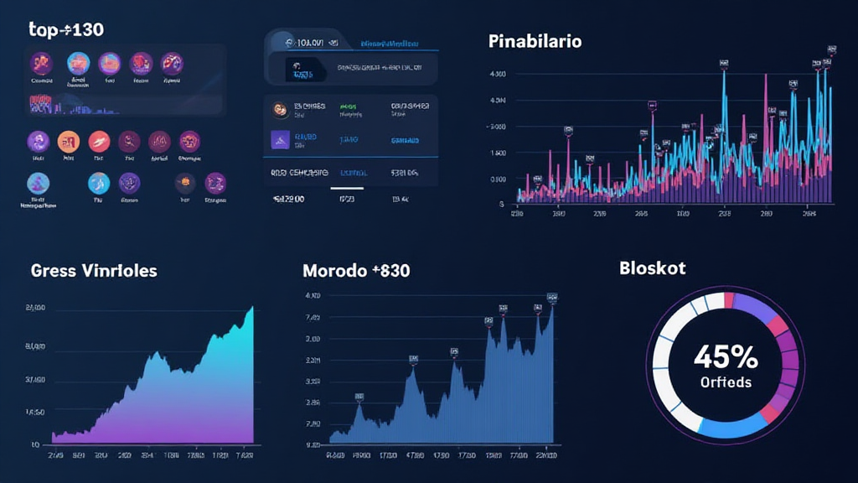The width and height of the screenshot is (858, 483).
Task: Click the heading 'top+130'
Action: [x=66, y=30]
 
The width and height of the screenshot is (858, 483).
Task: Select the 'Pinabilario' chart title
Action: [x=535, y=40]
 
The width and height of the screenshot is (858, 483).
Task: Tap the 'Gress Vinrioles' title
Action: [x=94, y=271]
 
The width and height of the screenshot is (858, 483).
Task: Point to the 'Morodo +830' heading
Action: [x=356, y=271]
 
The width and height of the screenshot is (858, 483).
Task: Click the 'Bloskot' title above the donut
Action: [x=653, y=268]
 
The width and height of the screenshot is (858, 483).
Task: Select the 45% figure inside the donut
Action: [x=726, y=357]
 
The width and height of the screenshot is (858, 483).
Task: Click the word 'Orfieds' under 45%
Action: [x=726, y=382]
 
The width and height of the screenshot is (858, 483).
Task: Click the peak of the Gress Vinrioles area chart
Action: [x=251, y=309]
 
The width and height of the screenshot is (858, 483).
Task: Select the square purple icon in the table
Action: [x=280, y=140]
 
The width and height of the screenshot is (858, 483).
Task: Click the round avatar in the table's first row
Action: [x=280, y=108]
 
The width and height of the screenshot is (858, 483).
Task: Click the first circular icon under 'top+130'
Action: [x=41, y=63]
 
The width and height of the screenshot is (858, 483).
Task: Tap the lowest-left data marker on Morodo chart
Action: [x=359, y=396]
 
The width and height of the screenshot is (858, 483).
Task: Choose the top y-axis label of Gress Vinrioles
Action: [x=35, y=309]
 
